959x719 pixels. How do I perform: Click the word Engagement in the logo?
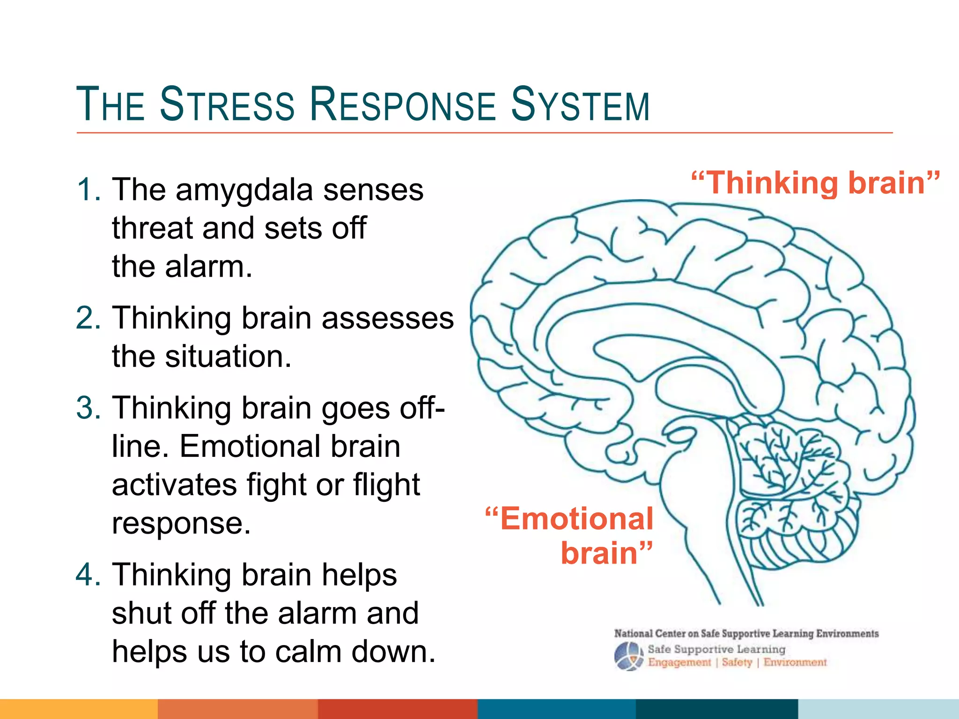coord(679,663)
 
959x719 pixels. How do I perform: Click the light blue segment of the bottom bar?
coord(878,709)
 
